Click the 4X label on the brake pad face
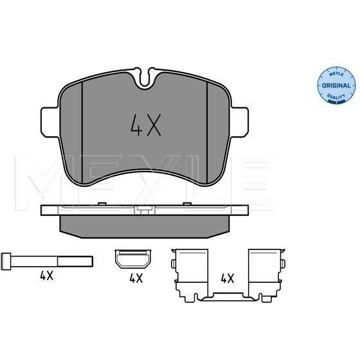145,125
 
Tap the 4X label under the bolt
46,276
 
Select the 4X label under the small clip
136,278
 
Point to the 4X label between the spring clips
228,278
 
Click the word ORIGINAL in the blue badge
336,85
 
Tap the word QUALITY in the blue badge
336,96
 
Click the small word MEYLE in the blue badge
336,74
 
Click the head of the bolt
6,262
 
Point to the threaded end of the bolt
75,262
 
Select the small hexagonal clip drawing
133,258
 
